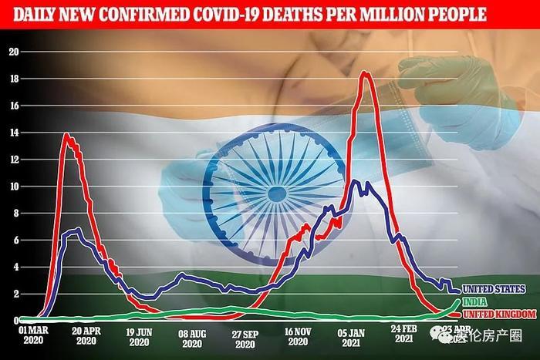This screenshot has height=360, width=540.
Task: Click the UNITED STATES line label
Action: click(494, 289)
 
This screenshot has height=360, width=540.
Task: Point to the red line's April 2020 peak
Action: click(67, 135)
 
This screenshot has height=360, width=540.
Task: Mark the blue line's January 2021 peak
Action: click(354, 181)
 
